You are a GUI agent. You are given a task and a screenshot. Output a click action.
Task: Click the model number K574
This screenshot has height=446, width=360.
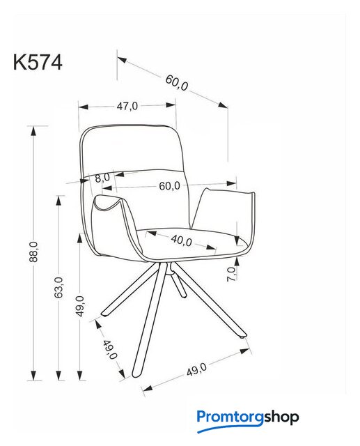[x=38, y=62]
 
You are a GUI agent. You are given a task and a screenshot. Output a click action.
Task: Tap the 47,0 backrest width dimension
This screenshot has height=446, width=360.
[x=127, y=106]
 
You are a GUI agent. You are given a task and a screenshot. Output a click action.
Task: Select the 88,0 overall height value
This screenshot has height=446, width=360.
[x=33, y=252]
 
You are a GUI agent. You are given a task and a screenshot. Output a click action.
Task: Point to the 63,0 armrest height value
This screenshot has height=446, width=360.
[x=58, y=287]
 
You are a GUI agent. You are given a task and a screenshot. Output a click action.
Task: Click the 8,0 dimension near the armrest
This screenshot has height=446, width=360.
[x=102, y=178]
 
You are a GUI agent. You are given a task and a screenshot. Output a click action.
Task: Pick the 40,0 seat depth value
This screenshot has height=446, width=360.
[x=182, y=240]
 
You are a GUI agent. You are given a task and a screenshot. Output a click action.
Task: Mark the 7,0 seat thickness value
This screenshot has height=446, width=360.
[x=232, y=274]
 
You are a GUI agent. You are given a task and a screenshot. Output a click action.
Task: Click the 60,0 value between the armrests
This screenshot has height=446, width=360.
[x=169, y=186]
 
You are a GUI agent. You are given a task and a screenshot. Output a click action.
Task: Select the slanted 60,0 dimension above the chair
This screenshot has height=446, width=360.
[x=177, y=82]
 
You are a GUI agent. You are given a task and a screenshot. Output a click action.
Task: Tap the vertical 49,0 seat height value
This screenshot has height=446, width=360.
[x=81, y=306]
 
